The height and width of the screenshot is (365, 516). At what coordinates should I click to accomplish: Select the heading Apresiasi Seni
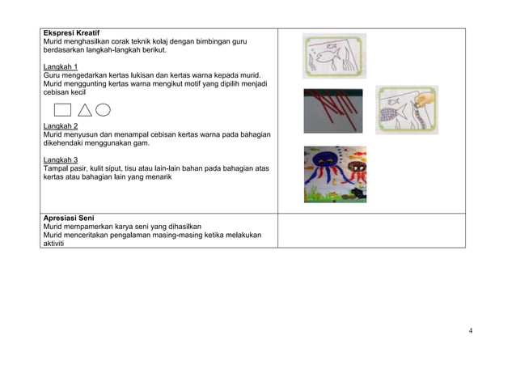click(x=69, y=218)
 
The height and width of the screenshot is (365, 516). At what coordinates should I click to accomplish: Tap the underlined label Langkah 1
click(x=61, y=66)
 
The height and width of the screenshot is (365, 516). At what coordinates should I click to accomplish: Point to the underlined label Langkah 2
click(x=61, y=126)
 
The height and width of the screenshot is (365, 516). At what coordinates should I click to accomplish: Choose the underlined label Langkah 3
click(x=61, y=160)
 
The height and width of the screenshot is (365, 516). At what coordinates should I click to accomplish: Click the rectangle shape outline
click(x=62, y=110)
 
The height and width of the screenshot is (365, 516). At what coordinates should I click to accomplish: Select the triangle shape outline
click(x=84, y=110)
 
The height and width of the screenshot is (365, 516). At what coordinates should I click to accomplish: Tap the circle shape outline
click(x=103, y=110)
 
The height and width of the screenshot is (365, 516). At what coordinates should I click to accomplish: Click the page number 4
click(x=471, y=329)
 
